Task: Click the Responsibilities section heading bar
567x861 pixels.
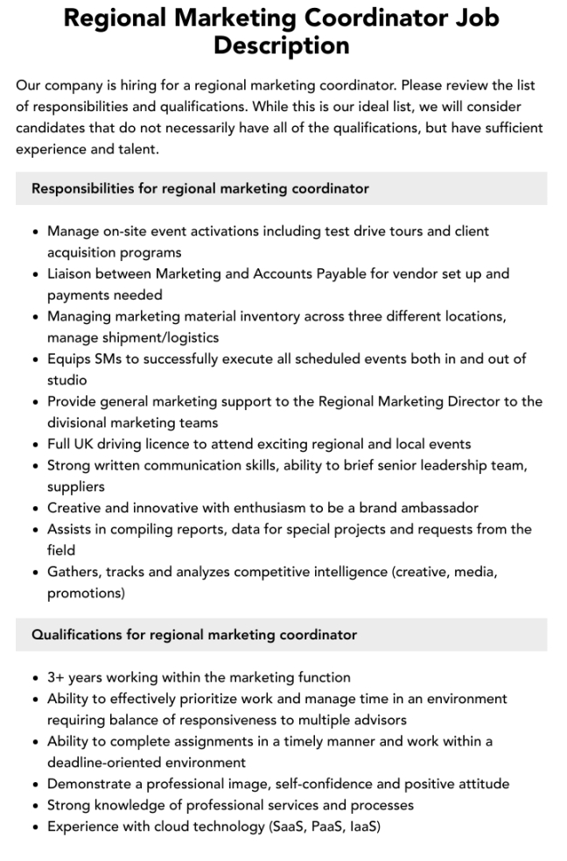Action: (281, 188)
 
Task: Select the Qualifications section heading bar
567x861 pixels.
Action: (281, 634)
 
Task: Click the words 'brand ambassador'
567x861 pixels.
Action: (423, 508)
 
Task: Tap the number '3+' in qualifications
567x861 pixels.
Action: (57, 677)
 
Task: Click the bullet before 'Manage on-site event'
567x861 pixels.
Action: (35, 232)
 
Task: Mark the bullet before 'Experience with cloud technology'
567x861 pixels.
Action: (35, 827)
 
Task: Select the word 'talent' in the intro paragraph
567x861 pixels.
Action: (143, 149)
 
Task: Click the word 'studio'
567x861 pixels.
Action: (67, 380)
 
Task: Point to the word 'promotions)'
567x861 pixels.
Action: (86, 593)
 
